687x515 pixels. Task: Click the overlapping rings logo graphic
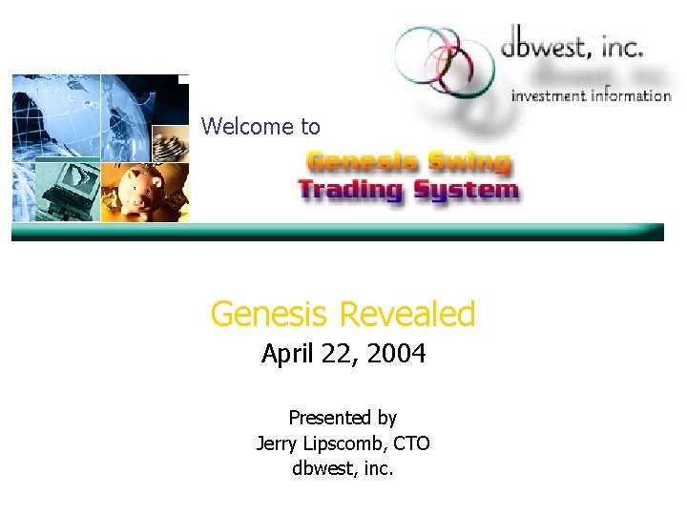click(437, 59)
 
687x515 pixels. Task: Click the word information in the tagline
click(633, 94)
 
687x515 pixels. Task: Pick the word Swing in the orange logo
click(469, 162)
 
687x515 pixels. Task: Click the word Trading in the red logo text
click(350, 189)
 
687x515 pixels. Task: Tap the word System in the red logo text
click(465, 189)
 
